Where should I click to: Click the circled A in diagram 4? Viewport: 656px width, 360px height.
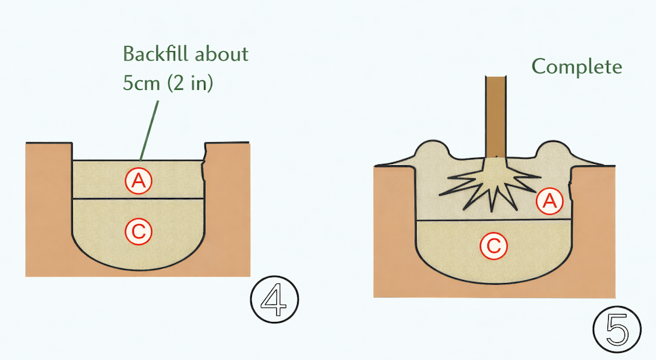click(x=138, y=180)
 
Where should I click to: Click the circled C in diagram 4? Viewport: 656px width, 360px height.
click(x=138, y=231)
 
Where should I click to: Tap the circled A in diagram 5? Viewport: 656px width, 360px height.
click(x=550, y=201)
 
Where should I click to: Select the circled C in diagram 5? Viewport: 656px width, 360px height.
click(x=494, y=246)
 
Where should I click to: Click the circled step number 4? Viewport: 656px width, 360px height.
click(x=274, y=300)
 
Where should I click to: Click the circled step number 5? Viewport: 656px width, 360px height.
click(x=617, y=329)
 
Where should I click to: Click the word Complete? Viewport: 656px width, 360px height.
click(x=577, y=67)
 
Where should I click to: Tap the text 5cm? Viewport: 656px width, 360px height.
click(x=142, y=83)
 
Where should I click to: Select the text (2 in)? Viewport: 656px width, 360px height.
click(x=190, y=83)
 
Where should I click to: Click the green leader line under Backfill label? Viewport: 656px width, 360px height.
click(x=150, y=130)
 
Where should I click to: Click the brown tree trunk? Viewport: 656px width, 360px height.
click(x=496, y=117)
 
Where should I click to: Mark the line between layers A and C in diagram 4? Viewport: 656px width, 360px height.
click(x=138, y=199)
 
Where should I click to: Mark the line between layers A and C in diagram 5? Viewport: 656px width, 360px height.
click(x=494, y=220)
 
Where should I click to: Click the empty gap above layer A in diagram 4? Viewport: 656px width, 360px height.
click(x=138, y=151)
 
